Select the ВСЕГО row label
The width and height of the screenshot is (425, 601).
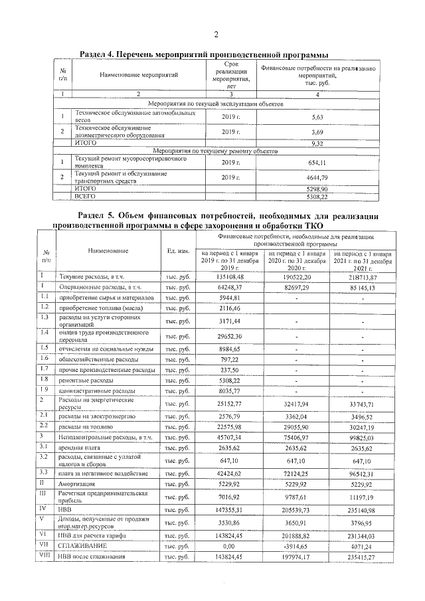pos(86,197)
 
